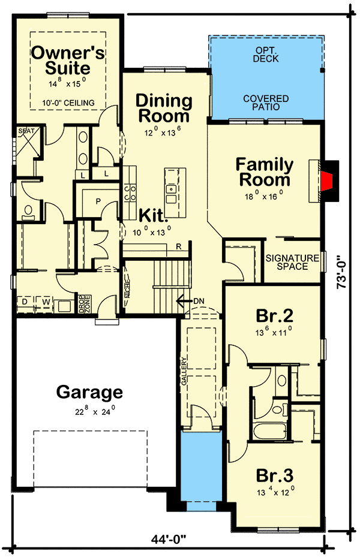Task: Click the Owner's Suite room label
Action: (x=68, y=60)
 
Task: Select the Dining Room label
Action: (x=163, y=108)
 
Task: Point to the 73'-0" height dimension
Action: (x=342, y=273)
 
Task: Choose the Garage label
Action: (x=89, y=393)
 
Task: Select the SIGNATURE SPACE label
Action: (x=293, y=262)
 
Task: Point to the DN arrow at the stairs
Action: (x=193, y=300)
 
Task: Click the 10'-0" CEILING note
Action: (x=68, y=103)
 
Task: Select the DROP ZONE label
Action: (x=84, y=305)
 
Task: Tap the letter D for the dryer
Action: (x=26, y=302)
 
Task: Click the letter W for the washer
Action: (x=46, y=302)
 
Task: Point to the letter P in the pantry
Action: (x=97, y=201)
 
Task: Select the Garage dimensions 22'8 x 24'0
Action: (x=89, y=412)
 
